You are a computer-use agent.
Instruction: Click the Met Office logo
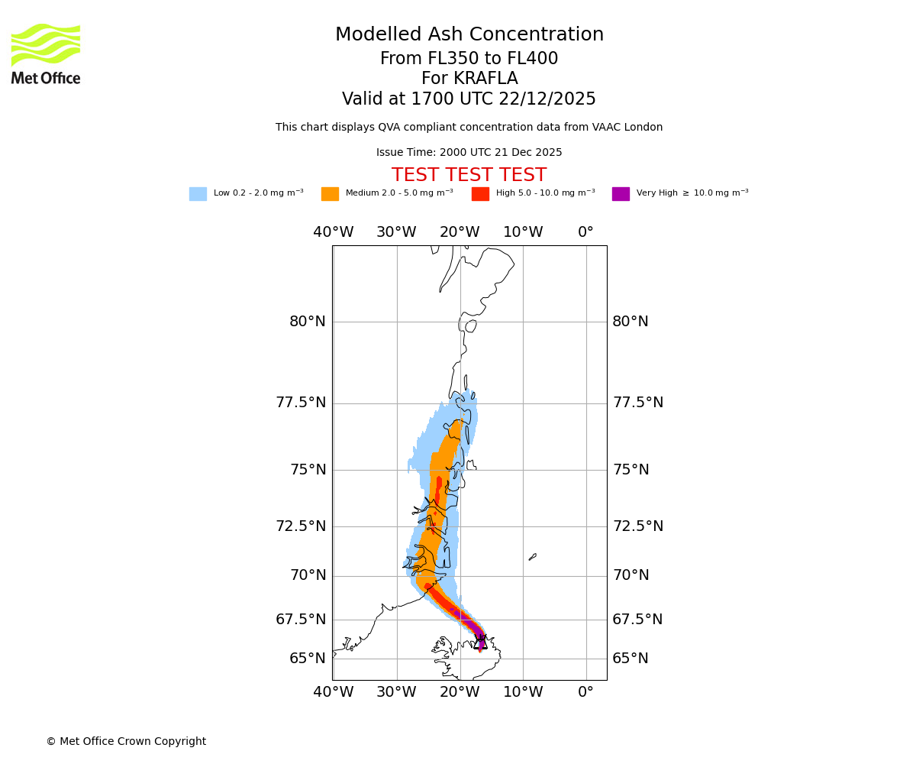[46, 54]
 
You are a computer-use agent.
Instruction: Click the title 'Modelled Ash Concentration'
[469, 35]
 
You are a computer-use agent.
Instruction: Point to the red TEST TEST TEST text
[469, 175]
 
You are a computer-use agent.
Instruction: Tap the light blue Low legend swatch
[198, 194]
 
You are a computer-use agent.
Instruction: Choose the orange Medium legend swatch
[330, 194]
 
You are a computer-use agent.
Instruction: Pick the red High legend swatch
[480, 194]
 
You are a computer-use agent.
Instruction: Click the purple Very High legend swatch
[621, 194]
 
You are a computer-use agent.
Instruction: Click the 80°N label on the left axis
[308, 322]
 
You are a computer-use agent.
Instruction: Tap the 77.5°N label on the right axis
[638, 403]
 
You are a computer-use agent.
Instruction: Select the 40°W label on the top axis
[334, 232]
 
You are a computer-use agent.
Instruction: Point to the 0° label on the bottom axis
[585, 692]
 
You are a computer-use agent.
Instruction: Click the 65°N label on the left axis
[308, 659]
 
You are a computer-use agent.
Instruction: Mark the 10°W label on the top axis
[523, 232]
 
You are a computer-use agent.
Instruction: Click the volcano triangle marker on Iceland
[480, 643]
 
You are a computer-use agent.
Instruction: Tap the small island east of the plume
[532, 557]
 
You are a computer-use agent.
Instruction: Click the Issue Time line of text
[469, 153]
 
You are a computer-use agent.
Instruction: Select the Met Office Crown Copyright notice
[126, 741]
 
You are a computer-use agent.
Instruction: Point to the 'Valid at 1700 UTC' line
[469, 99]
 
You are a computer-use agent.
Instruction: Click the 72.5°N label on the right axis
[638, 526]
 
